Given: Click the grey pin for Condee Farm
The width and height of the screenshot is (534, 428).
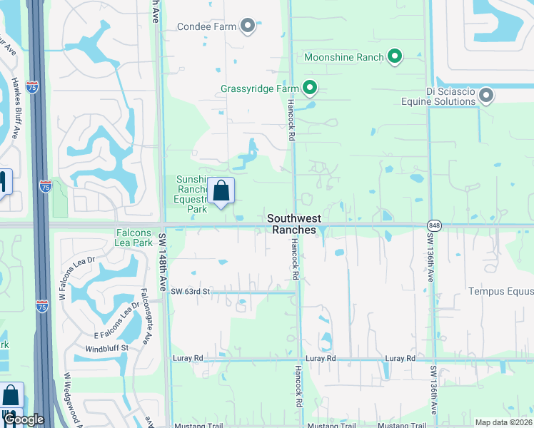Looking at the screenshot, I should pyautogui.click(x=248, y=26).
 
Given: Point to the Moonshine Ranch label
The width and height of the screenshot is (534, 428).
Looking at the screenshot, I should pyautogui.click(x=344, y=57).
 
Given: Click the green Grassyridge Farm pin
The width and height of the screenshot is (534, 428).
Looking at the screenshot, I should pyautogui.click(x=310, y=88).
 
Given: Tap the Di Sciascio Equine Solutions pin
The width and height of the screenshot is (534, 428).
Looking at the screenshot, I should pyautogui.click(x=487, y=96).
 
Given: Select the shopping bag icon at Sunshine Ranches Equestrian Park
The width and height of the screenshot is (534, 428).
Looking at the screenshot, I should pyautogui.click(x=221, y=190).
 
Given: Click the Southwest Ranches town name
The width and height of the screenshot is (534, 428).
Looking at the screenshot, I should pyautogui.click(x=294, y=224).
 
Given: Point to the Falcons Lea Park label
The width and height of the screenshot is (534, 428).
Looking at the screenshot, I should pyautogui.click(x=134, y=238).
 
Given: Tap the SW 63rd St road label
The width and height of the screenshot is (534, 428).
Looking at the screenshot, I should pyautogui.click(x=191, y=292).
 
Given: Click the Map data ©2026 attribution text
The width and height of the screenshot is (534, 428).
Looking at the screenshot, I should pyautogui.click(x=503, y=422).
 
